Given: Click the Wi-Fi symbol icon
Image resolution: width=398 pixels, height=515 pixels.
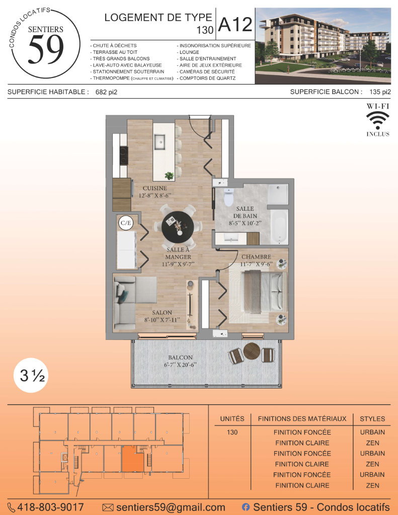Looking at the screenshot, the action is [x=378, y=120].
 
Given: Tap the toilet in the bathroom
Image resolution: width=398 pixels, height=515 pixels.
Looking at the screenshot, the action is [x=228, y=197].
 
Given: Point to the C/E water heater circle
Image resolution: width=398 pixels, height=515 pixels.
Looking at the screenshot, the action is [x=126, y=223].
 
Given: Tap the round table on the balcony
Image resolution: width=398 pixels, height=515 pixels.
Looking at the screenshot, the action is [x=252, y=351].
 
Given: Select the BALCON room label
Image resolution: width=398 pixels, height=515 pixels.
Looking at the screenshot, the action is [x=181, y=358].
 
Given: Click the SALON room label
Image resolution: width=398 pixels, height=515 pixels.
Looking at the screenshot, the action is [x=162, y=312].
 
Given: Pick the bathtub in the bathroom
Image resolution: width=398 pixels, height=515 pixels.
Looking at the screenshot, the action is [x=279, y=227].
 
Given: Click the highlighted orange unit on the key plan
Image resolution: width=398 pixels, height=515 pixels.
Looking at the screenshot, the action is [x=133, y=459].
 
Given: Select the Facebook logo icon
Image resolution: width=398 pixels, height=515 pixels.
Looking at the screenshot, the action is [x=246, y=507].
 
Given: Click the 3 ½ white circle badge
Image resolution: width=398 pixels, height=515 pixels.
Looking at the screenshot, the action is [x=31, y=375].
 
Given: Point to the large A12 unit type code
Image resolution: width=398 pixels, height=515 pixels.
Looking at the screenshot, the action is [x=235, y=25].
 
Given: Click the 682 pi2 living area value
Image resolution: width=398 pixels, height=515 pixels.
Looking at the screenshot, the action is [x=106, y=93].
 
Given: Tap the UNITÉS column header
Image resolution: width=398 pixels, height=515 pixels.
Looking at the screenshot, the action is [x=232, y=419].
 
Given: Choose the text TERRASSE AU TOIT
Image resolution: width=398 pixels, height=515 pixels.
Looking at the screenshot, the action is [x=115, y=52].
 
